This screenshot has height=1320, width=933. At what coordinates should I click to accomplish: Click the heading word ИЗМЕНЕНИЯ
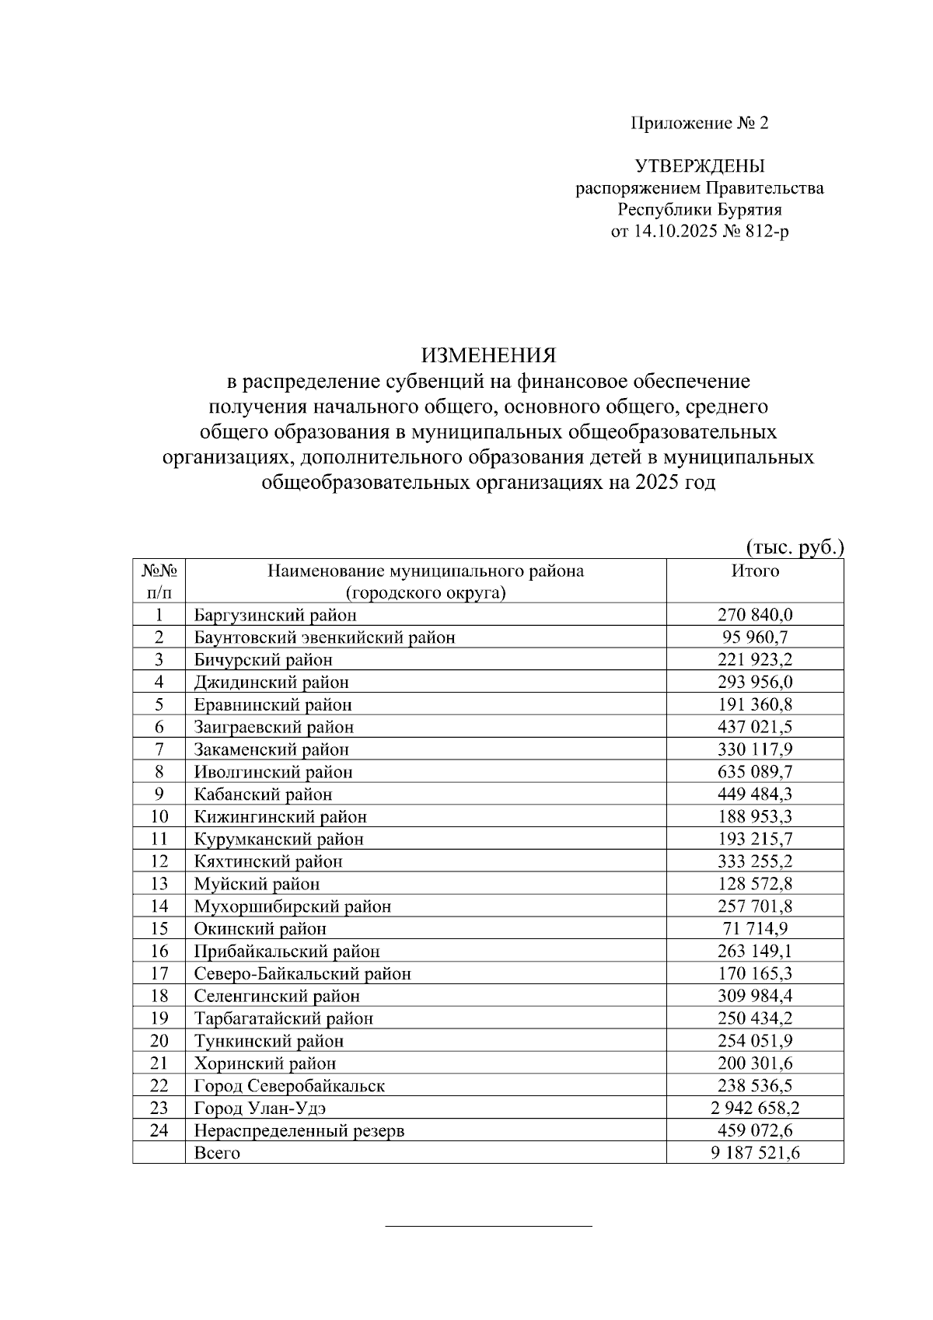[489, 356]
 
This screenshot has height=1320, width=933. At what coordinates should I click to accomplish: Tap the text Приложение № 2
[699, 124]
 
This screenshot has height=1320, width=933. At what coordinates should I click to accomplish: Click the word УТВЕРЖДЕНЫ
[700, 166]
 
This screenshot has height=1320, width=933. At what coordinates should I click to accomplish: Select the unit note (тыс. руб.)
[794, 547]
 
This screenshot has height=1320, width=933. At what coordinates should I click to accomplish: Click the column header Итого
[755, 571]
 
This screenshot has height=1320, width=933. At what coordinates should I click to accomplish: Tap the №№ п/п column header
[159, 581]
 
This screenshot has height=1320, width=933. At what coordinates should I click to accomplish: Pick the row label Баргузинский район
[275, 616]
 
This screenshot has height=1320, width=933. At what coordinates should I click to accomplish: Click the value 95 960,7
[755, 638]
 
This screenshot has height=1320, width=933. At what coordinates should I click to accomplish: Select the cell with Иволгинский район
[273, 773]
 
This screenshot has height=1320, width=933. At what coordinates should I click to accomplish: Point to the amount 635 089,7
[755, 773]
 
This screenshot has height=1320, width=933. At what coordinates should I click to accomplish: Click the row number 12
[159, 861]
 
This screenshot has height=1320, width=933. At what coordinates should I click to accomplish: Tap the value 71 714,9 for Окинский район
[755, 929]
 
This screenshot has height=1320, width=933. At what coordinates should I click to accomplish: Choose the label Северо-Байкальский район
[302, 974]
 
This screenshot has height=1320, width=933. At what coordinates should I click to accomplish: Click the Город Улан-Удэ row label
[265, 1109]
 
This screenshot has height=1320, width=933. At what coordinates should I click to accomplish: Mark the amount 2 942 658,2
[755, 1109]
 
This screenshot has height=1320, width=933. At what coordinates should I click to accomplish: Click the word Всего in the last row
[217, 1154]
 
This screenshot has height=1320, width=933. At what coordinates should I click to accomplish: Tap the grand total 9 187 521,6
[755, 1154]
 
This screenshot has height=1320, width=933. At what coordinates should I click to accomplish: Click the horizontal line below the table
[489, 1227]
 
